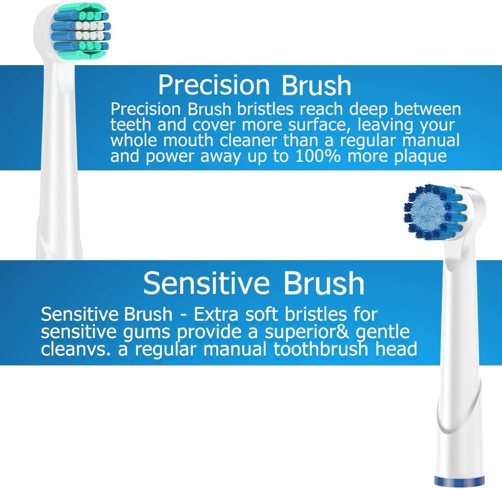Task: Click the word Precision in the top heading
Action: tap(214, 85)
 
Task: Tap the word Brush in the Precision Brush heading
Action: tap(316, 85)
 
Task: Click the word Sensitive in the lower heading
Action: tap(206, 283)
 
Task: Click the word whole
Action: tap(134, 141)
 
